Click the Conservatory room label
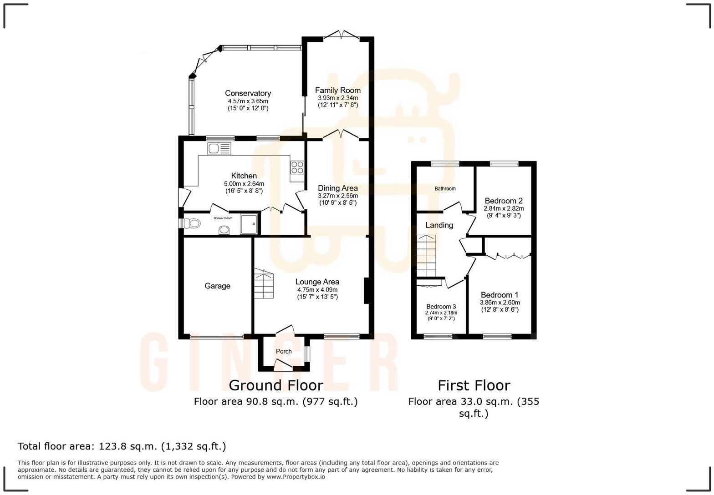point(248,93)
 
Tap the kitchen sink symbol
point(219,148)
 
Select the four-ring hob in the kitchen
point(297,167)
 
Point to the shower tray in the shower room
point(249,223)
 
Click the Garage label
point(217,286)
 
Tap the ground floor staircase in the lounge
point(264,286)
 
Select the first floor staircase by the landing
point(426,256)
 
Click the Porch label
point(284,351)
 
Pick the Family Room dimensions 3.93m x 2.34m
point(337,98)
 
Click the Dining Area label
point(337,188)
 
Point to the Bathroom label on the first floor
point(445,188)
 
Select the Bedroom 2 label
point(503,201)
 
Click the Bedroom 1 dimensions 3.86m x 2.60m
point(500,303)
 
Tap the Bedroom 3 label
point(441,306)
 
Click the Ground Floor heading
point(275,385)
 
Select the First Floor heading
point(474,385)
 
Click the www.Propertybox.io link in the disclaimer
point(296,477)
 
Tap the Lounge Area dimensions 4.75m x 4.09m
point(317,290)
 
